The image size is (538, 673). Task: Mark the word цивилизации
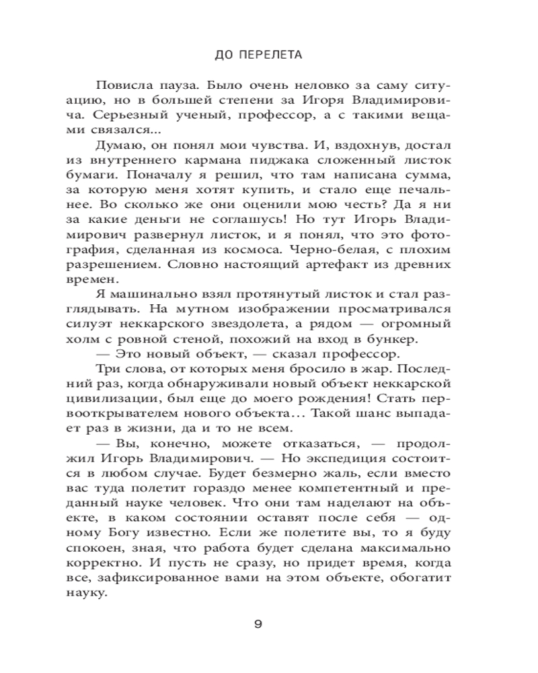[x=128, y=397]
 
